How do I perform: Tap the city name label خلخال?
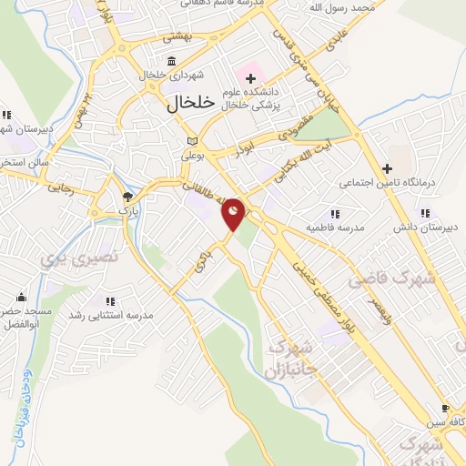pyautogui.click(x=190, y=103)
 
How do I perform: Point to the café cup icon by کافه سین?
pyautogui.click(x=444, y=409)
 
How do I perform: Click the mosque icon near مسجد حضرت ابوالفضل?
pyautogui.click(x=20, y=298)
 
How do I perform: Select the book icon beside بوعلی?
pyautogui.click(x=191, y=141)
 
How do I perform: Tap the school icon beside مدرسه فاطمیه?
pyautogui.click(x=334, y=214)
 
